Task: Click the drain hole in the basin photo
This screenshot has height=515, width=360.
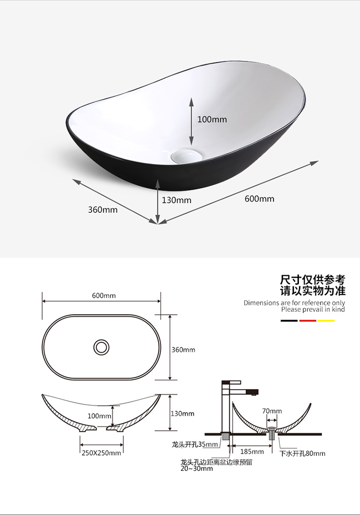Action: pyautogui.click(x=187, y=157)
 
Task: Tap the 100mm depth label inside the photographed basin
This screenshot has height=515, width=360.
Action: pyautogui.click(x=212, y=119)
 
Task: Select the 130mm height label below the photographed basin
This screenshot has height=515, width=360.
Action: pyautogui.click(x=176, y=200)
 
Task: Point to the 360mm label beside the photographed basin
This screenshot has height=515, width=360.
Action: pyautogui.click(x=102, y=209)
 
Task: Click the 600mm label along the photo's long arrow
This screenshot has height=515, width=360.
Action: pyautogui.click(x=259, y=198)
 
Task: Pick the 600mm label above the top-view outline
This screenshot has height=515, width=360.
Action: pyautogui.click(x=104, y=295)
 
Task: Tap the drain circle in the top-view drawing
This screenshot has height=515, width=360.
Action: pyautogui.click(x=101, y=347)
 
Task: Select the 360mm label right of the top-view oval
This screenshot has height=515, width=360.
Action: pyautogui.click(x=183, y=350)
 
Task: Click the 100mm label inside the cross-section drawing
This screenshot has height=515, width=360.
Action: pyautogui.click(x=99, y=416)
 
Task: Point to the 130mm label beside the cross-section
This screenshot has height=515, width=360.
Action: pyautogui.click(x=182, y=414)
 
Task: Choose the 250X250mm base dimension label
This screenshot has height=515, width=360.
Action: pyautogui.click(x=101, y=453)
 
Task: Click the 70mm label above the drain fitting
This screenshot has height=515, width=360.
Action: pyautogui.click(x=272, y=411)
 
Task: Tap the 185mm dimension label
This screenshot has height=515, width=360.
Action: pyautogui.click(x=252, y=452)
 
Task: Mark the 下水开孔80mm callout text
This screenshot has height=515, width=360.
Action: pyautogui.click(x=302, y=453)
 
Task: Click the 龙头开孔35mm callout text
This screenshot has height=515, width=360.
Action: pyautogui.click(x=194, y=444)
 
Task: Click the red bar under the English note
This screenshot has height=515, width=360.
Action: pyautogui.click(x=307, y=320)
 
